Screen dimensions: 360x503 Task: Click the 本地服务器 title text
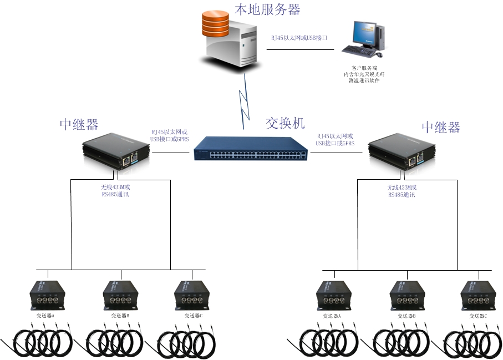tap(267, 9)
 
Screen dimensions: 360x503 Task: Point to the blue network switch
tap(251, 148)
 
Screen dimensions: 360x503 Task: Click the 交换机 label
tap(285, 123)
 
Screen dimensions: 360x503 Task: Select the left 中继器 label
tap(79, 124)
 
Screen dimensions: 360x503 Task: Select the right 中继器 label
tap(441, 127)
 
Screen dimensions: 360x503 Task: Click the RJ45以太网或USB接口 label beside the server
tap(299, 38)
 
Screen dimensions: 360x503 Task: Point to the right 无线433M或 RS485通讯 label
tap(402, 191)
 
